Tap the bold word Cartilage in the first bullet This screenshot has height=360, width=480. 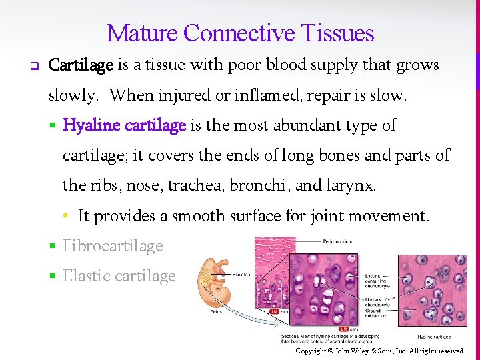81,65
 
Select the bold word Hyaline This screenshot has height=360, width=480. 92,125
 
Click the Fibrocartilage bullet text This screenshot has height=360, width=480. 113,246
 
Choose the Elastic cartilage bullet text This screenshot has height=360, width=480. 119,276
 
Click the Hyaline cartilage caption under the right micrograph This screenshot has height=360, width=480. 434,337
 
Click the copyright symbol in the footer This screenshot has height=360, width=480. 329,351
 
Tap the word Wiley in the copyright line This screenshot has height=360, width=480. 361,351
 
